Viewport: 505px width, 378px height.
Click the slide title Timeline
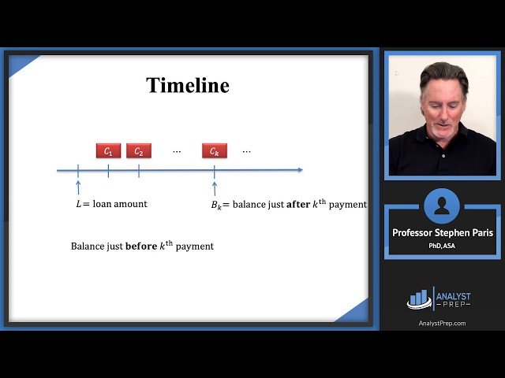(x=188, y=85)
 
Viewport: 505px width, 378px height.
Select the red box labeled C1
(x=108, y=150)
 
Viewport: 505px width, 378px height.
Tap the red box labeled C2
(x=138, y=150)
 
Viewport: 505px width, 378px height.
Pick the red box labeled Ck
(x=214, y=150)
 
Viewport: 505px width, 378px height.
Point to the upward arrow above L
(x=78, y=187)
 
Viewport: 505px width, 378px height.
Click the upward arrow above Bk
(x=214, y=187)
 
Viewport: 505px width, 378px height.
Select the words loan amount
(x=120, y=204)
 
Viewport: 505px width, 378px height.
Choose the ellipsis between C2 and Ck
(x=177, y=150)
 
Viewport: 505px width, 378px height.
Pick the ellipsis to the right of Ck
(x=247, y=150)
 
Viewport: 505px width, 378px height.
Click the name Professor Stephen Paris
(x=441, y=232)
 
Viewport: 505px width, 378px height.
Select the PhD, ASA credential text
(x=441, y=246)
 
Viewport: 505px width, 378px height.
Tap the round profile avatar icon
(x=441, y=206)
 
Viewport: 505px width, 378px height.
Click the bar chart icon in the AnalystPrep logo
(x=417, y=298)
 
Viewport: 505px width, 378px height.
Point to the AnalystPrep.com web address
(x=442, y=323)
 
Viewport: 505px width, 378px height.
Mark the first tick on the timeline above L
(x=78, y=169)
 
